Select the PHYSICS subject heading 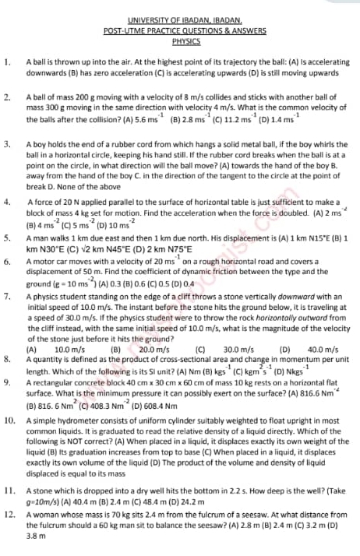coord(186,40)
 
